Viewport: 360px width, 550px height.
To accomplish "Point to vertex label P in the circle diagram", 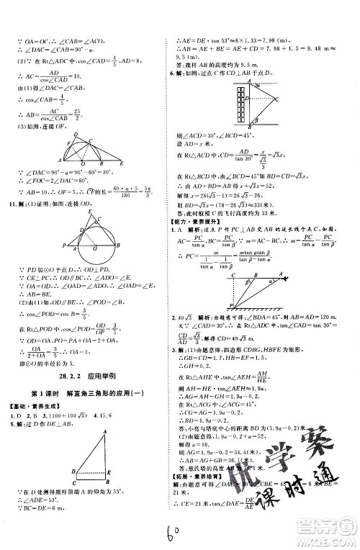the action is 65,246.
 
